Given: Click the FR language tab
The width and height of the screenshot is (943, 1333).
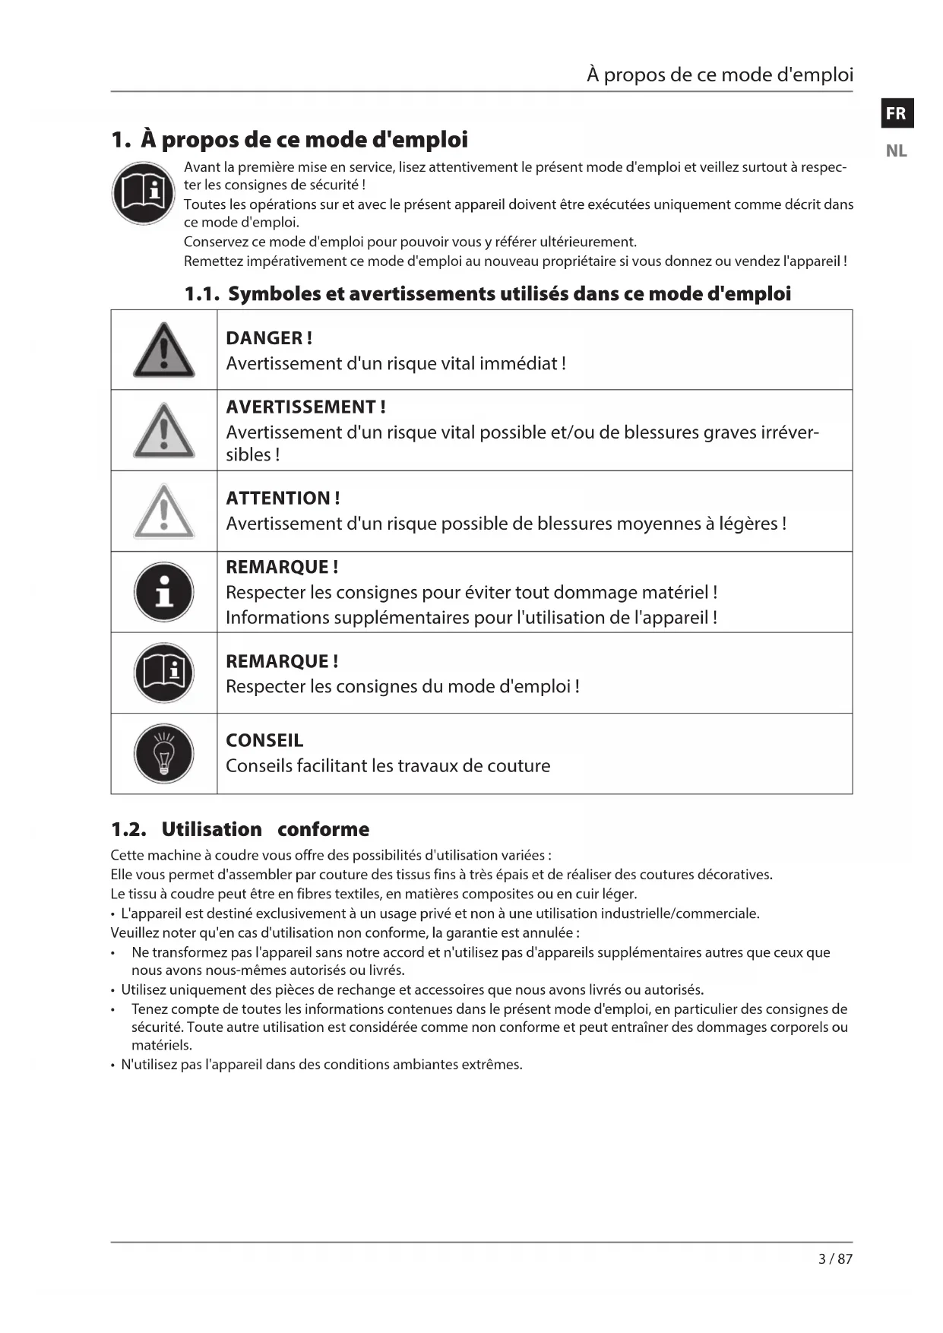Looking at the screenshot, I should click(x=897, y=113).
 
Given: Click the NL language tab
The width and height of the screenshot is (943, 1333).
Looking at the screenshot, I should click(x=897, y=150).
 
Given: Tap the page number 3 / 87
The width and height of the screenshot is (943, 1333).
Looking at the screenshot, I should click(x=835, y=1259).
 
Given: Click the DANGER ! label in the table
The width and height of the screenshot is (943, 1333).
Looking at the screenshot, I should click(x=269, y=338).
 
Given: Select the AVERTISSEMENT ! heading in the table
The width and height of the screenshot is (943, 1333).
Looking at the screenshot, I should click(x=305, y=407).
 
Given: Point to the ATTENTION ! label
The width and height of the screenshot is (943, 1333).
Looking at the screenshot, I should click(x=283, y=498).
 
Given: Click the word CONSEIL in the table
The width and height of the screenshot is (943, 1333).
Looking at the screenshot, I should click(x=264, y=740).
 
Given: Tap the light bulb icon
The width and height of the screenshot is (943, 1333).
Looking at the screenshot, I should click(x=164, y=754).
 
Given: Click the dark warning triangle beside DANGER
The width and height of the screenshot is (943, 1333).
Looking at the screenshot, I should click(x=164, y=351).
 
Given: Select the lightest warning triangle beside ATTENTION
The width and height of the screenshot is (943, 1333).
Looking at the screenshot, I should click(x=164, y=512).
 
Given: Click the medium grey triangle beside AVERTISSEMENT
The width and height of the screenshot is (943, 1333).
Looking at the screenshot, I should click(x=164, y=432).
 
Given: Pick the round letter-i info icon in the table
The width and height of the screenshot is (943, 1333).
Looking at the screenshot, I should click(x=164, y=592).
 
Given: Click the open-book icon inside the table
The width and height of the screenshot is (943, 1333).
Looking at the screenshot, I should click(x=164, y=673).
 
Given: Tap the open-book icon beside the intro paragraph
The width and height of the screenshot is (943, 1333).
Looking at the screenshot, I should click(x=144, y=193).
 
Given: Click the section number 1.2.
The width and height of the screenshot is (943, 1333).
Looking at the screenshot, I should click(x=128, y=829).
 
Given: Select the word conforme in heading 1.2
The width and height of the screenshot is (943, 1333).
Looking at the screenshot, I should click(x=323, y=829).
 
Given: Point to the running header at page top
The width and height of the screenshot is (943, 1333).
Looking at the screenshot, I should click(x=720, y=74).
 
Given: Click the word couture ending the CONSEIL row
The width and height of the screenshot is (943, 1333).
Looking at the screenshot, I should click(x=522, y=765).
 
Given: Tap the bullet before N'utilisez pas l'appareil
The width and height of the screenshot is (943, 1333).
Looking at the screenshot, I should click(x=113, y=1065).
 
